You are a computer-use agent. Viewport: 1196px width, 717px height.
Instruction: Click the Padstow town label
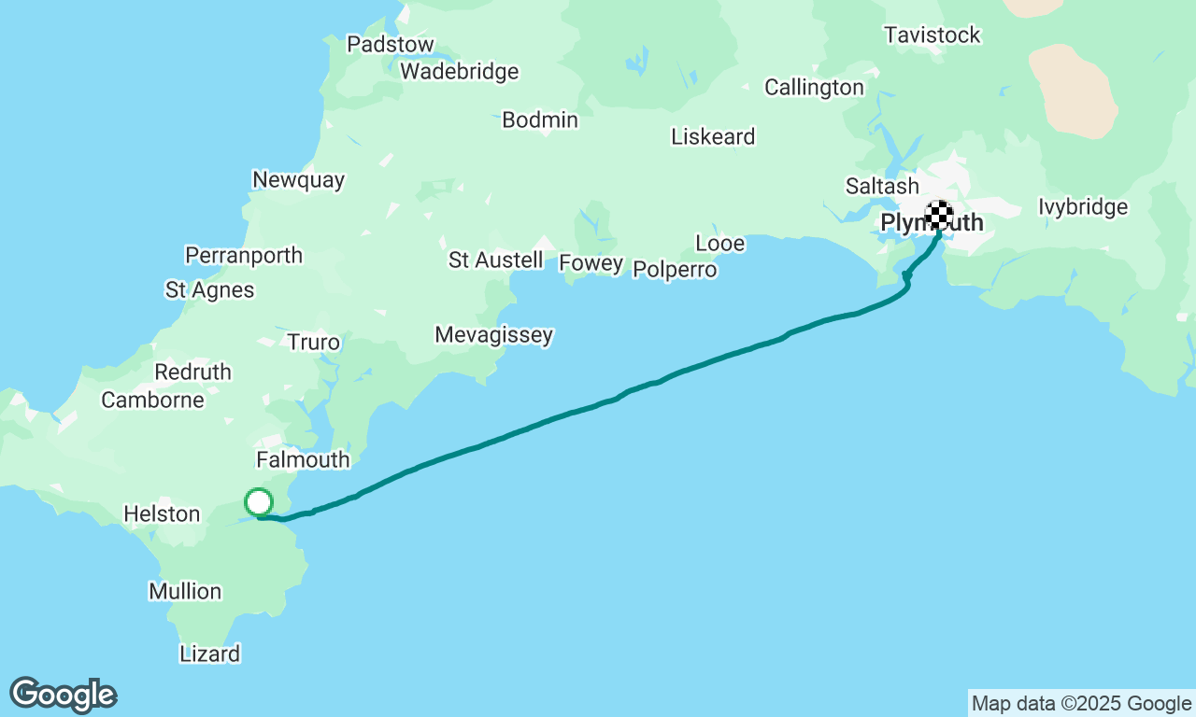pos(390,44)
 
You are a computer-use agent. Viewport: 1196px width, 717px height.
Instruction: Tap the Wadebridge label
pos(459,71)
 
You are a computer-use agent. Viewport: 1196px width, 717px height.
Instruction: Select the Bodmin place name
pos(540,119)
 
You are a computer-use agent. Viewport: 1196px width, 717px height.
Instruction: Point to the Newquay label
pos(298,180)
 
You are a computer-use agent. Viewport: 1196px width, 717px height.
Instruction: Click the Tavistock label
pos(933,35)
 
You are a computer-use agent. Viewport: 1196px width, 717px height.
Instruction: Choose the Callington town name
pos(814,88)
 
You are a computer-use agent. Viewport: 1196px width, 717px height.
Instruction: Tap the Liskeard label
pos(713,137)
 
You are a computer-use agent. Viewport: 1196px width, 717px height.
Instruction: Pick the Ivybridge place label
pos(1083,207)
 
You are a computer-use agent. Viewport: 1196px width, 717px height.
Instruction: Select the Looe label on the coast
pos(720,244)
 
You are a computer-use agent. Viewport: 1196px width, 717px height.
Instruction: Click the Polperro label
pos(675,270)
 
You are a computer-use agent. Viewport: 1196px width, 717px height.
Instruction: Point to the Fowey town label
pos(591,263)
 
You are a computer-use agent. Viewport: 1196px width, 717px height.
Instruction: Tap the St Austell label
pos(495,260)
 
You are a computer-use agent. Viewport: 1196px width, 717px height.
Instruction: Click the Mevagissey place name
pos(493,335)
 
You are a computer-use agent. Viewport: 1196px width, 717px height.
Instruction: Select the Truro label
pos(314,343)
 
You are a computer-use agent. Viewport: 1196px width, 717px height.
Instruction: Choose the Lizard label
pos(209,654)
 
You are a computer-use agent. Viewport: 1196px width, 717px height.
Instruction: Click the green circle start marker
pos(259,502)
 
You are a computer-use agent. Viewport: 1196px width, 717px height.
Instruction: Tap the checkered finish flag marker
pos(939,214)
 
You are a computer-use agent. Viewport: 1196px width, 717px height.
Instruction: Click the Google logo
pos(63,696)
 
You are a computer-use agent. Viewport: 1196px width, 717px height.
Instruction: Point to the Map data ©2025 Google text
pos(1081,704)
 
